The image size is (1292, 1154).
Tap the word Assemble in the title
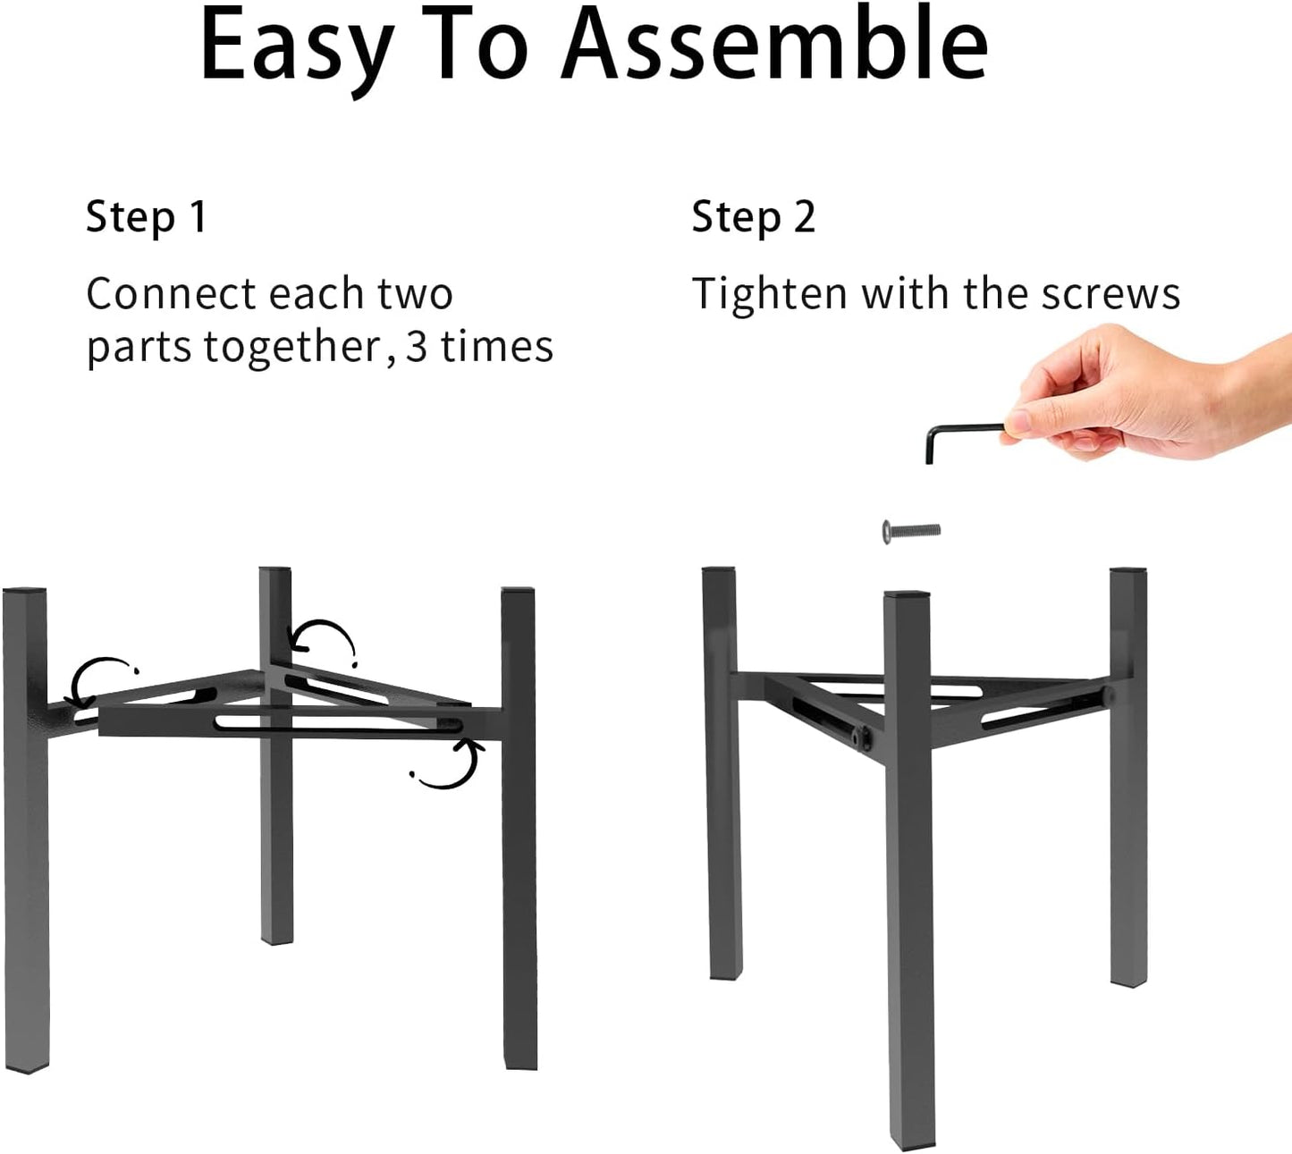click(774, 45)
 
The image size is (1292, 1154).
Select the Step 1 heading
click(147, 217)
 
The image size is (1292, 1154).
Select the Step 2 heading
click(754, 217)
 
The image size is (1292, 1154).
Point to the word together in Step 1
click(292, 348)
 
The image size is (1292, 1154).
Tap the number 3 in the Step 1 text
click(417, 347)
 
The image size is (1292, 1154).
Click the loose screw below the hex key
click(911, 531)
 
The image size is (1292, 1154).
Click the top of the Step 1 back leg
click(275, 570)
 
